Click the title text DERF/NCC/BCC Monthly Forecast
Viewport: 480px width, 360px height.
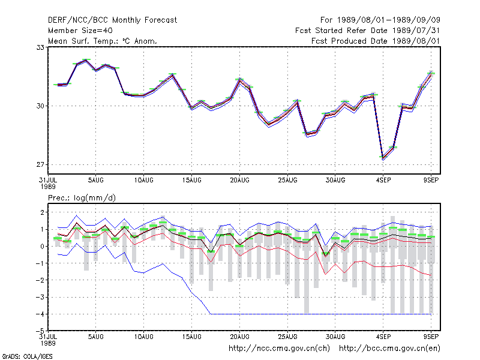pos(112,20)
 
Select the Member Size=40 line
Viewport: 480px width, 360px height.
pos(80,31)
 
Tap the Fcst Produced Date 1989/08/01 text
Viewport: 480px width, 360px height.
pos(376,41)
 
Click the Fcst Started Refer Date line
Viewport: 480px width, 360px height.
pos(368,31)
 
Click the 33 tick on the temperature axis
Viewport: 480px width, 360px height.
pos(40,47)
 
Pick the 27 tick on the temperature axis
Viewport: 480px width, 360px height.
pos(40,164)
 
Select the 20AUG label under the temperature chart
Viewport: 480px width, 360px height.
pos(239,181)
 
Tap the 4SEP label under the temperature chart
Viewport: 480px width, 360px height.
pos(383,181)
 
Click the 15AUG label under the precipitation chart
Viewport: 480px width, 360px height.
pos(191,337)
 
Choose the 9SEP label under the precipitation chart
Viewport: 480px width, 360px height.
pos(431,337)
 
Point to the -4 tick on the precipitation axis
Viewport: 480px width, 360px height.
pos(40,314)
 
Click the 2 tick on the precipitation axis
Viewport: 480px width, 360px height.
pos(42,212)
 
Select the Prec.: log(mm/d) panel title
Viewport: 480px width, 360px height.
pos(82,198)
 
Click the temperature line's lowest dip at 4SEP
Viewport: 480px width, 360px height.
pos(383,158)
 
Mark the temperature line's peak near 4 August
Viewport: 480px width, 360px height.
pos(86,61)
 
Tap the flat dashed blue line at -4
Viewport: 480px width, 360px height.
pos(321,314)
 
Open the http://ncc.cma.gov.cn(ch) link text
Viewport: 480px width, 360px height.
pos(279,349)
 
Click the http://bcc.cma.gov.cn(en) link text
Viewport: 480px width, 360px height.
pos(389,349)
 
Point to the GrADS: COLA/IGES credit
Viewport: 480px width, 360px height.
pos(27,356)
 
